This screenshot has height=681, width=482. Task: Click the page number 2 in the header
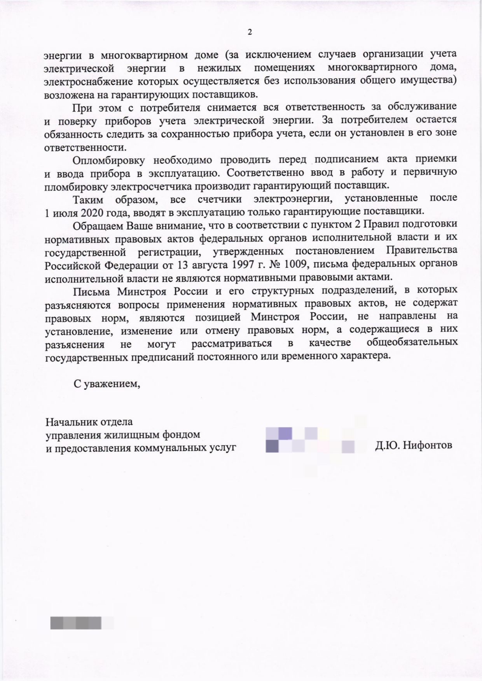click(x=250, y=32)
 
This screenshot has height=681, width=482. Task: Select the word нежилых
click(x=219, y=68)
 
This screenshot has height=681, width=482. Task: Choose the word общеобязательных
click(x=412, y=343)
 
